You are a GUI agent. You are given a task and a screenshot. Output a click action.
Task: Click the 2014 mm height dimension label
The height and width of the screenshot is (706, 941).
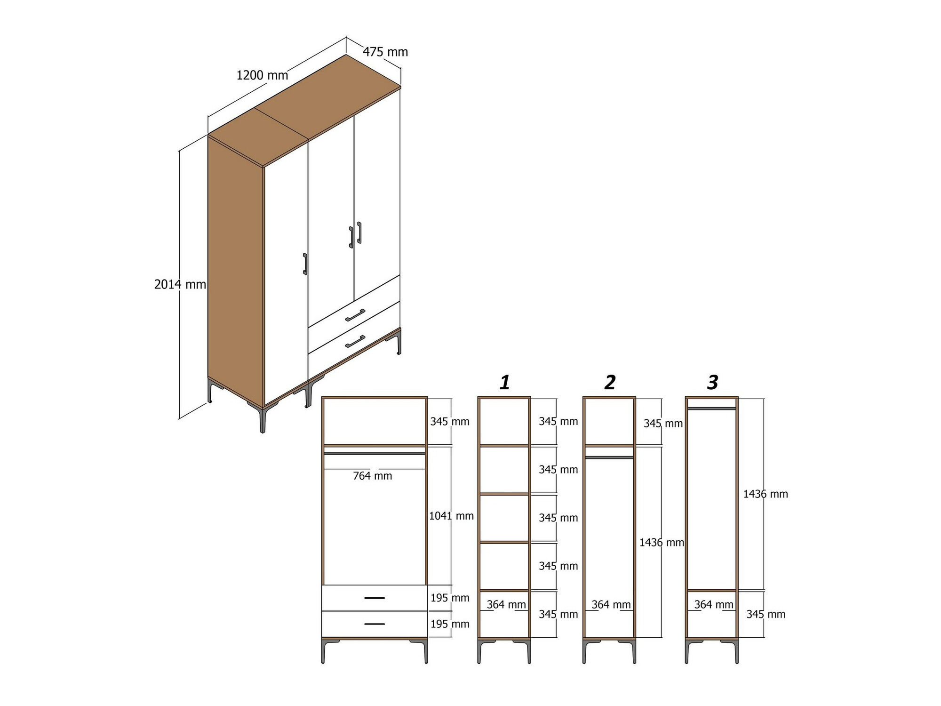180,284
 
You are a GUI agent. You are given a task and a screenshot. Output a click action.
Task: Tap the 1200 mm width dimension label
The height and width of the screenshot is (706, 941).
262,75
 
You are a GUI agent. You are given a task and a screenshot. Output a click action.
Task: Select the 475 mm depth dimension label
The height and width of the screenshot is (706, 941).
385,52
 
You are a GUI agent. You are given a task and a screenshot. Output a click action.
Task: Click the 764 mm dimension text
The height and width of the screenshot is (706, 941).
373,476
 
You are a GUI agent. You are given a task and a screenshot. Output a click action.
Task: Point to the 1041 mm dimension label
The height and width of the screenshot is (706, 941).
451,516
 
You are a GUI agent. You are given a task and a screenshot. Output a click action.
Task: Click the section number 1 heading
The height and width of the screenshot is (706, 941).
505,383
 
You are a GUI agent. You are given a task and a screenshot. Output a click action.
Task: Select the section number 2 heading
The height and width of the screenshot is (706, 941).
610,383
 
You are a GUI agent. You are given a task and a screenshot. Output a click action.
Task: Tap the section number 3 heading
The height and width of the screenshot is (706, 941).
713,383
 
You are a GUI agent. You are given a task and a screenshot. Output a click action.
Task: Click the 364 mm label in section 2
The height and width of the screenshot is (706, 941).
611,604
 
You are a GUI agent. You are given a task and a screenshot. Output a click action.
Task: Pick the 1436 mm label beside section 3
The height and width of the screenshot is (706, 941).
766,494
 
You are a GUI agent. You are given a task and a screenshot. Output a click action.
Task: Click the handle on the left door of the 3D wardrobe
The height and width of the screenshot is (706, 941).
305,264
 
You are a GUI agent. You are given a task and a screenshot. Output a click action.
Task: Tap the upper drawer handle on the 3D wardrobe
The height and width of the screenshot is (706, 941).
355,315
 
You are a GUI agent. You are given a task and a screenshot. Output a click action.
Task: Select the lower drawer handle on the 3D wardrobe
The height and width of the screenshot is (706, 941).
355,342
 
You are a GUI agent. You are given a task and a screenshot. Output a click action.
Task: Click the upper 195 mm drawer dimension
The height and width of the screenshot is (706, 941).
450,598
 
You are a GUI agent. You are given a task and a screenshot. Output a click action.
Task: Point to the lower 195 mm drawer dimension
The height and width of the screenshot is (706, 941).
450,624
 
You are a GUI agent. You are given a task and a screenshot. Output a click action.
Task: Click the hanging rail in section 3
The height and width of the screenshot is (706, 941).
712,409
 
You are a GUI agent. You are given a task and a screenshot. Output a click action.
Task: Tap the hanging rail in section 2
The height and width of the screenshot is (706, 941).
609,457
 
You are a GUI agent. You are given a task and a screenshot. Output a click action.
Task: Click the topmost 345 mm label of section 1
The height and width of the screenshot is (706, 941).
558,421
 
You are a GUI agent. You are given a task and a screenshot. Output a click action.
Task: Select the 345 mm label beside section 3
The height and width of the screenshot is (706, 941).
766,614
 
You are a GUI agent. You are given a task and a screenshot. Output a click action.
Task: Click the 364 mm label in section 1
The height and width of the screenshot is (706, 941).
506,604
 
